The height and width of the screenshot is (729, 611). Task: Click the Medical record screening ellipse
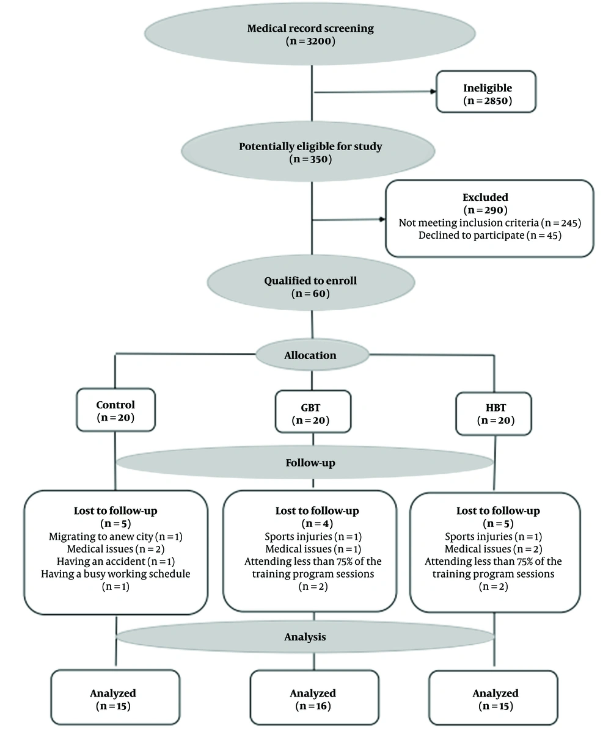tap(310, 34)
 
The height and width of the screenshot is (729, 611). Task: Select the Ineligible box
tap(486, 92)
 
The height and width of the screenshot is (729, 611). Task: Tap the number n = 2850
tap(488, 100)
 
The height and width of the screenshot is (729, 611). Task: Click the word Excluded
tap(485, 197)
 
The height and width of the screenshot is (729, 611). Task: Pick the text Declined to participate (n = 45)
tap(490, 235)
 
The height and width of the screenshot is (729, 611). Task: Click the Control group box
tap(116, 410)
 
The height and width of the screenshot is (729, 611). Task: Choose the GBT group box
tap(313, 412)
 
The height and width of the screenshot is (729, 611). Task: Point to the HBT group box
tap(494, 414)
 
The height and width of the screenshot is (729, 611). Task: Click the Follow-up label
tap(310, 463)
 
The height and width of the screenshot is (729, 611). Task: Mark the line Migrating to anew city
tap(101, 537)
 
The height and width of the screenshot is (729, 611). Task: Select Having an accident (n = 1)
tap(115, 562)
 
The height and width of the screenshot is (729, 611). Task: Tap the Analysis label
tap(305, 637)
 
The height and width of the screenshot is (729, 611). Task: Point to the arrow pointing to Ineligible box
tap(375, 92)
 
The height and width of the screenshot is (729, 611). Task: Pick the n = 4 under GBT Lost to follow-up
tap(317, 524)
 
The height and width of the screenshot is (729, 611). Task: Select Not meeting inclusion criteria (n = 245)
tap(490, 223)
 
